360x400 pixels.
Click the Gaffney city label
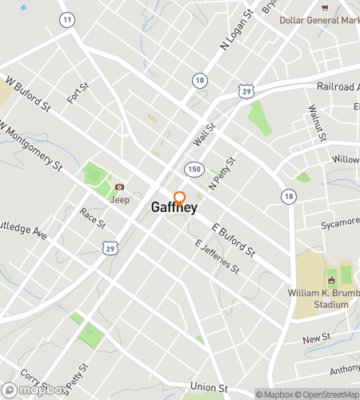tap(174, 207)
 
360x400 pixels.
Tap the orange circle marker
tap(180, 198)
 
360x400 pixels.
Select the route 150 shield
tap(194, 169)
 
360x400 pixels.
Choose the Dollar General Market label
tap(319, 19)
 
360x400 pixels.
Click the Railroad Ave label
tap(335, 86)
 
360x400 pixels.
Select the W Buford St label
tap(26, 93)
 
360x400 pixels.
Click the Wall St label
tap(206, 134)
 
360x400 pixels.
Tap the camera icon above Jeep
tap(119, 187)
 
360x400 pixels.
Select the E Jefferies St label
tap(217, 256)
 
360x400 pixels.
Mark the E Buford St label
tap(234, 240)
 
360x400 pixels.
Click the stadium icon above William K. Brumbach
tap(331, 279)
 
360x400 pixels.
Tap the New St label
tap(317, 341)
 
